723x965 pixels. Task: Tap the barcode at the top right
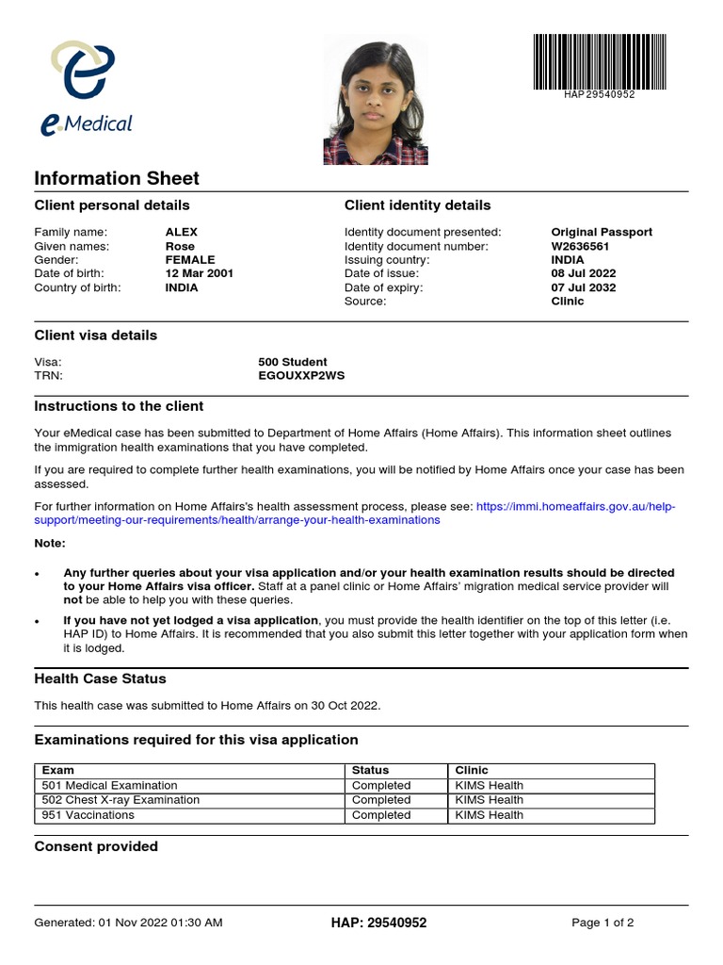click(x=600, y=62)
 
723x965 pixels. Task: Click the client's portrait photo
click(x=374, y=100)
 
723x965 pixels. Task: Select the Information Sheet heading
click(x=117, y=178)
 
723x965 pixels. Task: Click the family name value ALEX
click(x=182, y=232)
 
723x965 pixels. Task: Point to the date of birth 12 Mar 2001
click(x=200, y=273)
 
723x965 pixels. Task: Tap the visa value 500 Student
click(x=293, y=362)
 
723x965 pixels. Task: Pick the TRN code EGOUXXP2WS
click(x=301, y=375)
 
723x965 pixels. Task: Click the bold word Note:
click(x=51, y=544)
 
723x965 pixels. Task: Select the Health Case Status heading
click(x=100, y=679)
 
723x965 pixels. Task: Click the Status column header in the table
click(x=370, y=770)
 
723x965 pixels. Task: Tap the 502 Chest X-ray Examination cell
click(x=121, y=800)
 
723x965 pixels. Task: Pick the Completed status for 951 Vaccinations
click(x=381, y=815)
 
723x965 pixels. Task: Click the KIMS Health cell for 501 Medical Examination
click(x=490, y=785)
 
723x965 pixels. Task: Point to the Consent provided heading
click(x=96, y=846)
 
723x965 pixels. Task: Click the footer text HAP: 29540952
click(x=378, y=923)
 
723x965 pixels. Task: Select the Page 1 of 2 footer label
click(x=602, y=923)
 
